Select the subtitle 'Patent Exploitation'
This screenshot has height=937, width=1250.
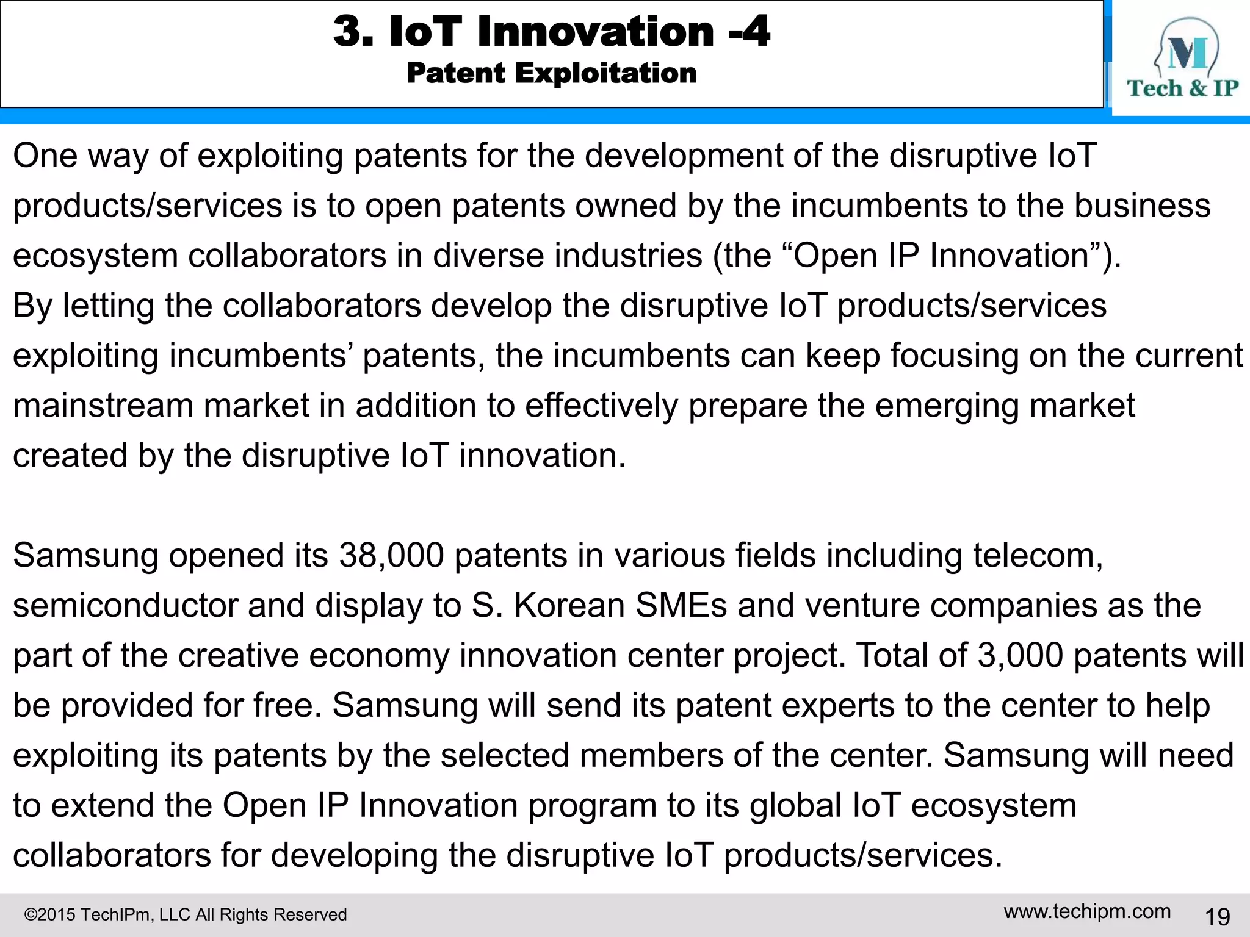click(x=551, y=73)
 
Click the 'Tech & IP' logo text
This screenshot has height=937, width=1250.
click(x=1182, y=88)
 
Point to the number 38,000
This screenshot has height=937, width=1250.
click(x=391, y=556)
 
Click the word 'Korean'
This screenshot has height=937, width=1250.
click(x=569, y=606)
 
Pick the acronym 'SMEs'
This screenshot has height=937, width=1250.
click(x=681, y=606)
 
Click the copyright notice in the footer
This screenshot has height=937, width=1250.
click(x=185, y=914)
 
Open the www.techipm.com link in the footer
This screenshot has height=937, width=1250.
click(x=1087, y=911)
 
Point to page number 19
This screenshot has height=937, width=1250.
click(x=1217, y=916)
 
